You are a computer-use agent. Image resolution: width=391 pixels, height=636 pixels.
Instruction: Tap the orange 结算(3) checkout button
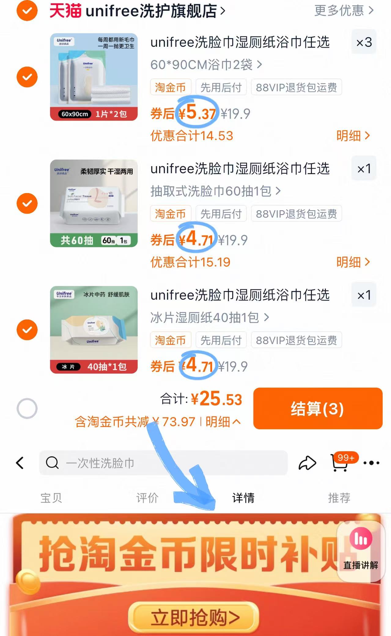318,408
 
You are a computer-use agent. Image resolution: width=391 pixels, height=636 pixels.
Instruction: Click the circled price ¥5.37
197,113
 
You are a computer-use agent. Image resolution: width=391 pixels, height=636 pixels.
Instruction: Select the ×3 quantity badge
364,42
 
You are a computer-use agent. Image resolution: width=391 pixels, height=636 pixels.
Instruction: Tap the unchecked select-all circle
27,408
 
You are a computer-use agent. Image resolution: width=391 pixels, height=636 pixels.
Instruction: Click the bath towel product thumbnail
94,77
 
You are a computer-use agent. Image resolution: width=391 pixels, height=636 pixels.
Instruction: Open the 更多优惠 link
344,11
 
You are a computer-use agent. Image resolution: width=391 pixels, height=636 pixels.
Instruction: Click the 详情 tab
243,498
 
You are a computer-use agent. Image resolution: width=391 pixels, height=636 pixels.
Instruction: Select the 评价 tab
147,498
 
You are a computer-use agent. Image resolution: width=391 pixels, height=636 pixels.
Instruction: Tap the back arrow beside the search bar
20,463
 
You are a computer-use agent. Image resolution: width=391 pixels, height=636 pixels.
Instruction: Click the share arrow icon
307,463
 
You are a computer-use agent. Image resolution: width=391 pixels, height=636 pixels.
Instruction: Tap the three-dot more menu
371,463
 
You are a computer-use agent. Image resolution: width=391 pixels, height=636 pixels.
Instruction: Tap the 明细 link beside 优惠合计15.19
353,262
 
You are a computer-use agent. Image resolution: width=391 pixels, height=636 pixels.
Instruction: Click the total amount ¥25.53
216,399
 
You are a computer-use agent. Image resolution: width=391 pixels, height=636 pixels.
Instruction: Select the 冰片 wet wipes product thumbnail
94,330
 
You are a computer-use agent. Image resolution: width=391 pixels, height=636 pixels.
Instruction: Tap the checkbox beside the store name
27,11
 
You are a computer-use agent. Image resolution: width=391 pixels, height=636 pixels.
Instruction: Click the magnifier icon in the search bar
52,463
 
